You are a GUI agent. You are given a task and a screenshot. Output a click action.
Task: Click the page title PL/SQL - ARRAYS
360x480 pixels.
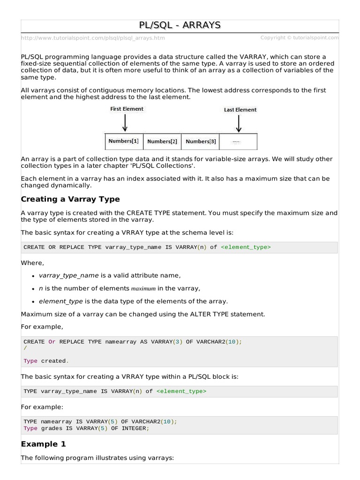click(x=180, y=25)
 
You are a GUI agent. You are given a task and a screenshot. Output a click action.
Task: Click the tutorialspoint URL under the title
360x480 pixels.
click(x=93, y=38)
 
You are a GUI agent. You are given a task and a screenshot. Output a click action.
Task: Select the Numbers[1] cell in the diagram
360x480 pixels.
click(x=123, y=141)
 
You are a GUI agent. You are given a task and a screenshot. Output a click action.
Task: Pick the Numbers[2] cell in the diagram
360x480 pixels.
click(x=162, y=142)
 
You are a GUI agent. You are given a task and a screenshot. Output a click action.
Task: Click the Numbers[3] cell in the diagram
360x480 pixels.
click(x=201, y=142)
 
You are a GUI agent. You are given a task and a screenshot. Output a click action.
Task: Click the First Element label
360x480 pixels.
click(x=127, y=109)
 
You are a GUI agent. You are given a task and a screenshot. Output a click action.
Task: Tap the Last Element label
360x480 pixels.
click(x=240, y=110)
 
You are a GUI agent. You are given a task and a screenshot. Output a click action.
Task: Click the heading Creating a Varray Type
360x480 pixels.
click(x=70, y=199)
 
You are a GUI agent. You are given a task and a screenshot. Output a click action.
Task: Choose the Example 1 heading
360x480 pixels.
click(x=44, y=443)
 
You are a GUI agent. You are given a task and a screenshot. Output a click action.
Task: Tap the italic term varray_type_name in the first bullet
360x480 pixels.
click(x=70, y=276)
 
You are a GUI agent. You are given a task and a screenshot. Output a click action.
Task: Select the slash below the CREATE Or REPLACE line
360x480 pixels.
click(x=25, y=348)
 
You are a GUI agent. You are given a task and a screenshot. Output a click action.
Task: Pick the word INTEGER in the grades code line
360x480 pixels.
click(x=134, y=428)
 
